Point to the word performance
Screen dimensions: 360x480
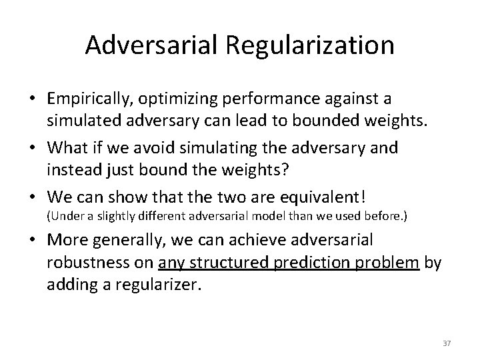coord(254,99)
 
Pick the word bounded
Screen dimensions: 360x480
coord(326,120)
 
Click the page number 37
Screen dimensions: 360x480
coord(447,343)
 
